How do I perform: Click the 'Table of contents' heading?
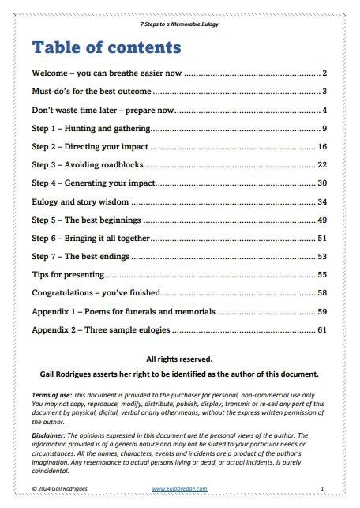tap(107, 47)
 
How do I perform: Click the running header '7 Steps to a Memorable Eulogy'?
tap(180, 24)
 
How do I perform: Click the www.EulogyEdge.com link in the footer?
tap(179, 489)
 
